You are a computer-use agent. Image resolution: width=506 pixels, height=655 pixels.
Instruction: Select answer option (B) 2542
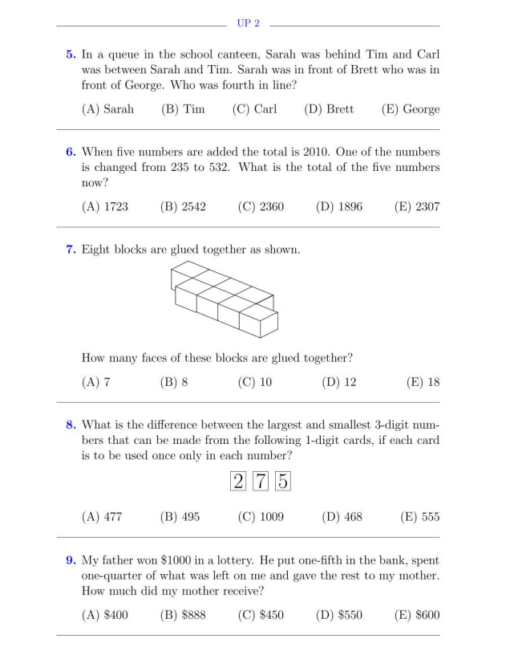pyautogui.click(x=183, y=206)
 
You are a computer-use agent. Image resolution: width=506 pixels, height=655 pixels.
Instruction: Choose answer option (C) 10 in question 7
pyautogui.click(x=254, y=382)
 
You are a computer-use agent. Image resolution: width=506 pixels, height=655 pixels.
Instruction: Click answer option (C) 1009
pyautogui.click(x=257, y=517)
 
